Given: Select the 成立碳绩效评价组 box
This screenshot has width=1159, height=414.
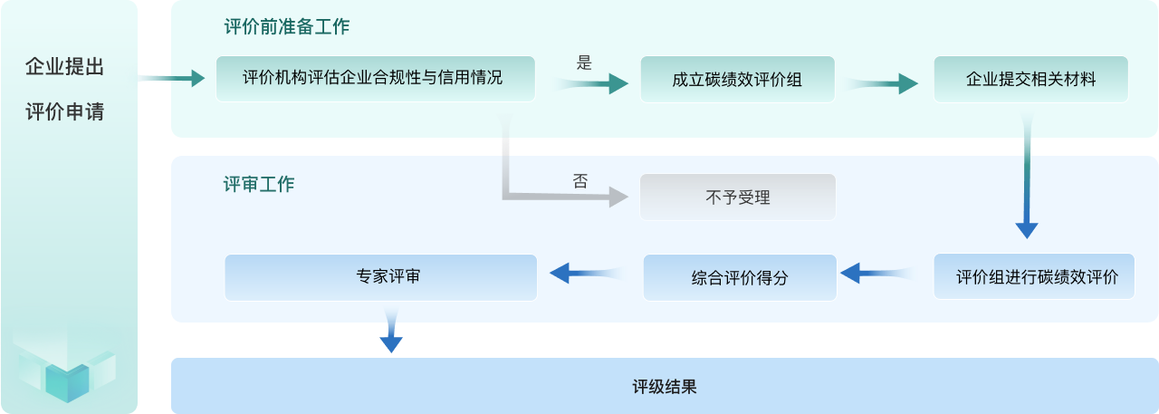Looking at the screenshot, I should coord(737,79).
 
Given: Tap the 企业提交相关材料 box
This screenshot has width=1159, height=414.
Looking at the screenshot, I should coord(1030,79).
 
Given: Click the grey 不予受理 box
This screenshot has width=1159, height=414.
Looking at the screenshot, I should coord(737,197).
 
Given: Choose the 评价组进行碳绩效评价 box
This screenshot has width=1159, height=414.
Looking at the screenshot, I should coord(1033,277).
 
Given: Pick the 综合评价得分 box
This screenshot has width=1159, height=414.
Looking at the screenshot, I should coord(739,278).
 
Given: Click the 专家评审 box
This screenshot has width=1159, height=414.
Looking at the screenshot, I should coord(380,277).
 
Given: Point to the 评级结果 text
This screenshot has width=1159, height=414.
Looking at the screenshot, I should coord(664,387).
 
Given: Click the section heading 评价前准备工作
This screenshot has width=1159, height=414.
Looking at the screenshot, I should coord(286,27).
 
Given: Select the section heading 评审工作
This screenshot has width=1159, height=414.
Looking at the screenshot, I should coord(259,184).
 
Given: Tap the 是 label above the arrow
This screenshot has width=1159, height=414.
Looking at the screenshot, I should coord(584,63).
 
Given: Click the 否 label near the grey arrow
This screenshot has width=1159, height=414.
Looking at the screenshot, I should coord(579,180).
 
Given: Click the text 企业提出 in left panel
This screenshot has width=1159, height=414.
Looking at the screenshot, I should coord(64,67).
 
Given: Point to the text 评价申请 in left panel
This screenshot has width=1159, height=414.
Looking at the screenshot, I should coord(64,112).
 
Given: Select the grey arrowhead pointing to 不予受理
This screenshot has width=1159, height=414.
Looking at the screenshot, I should coord(618,196).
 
